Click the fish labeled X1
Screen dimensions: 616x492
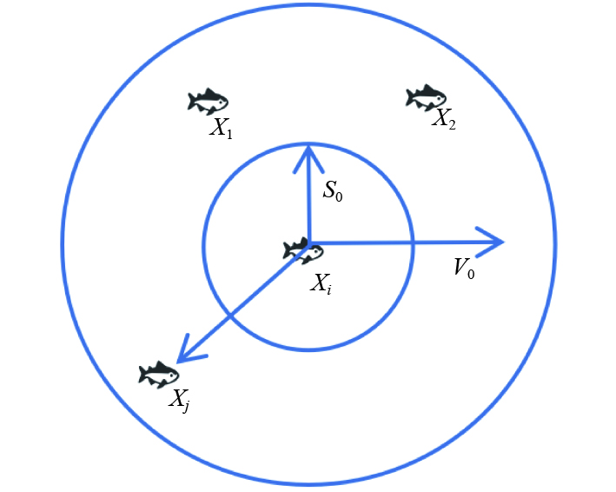[x=208, y=102]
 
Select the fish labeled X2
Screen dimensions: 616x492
[x=426, y=97]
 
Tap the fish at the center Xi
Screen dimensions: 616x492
[x=303, y=251]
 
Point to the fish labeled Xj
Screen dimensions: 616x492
[x=159, y=375]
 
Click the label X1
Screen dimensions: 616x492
[x=221, y=129]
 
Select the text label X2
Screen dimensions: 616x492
[x=444, y=119]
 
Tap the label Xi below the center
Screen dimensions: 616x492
[x=321, y=282]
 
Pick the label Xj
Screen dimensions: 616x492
[x=181, y=400]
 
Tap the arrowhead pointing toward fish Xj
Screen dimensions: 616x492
[x=182, y=356]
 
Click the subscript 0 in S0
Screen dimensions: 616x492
[x=340, y=196]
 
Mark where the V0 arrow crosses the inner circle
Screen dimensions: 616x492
[x=412, y=243]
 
